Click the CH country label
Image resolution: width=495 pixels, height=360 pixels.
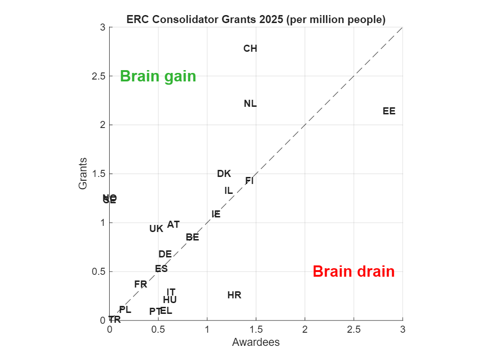[x=250, y=48]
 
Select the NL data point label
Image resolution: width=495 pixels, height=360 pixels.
[x=250, y=104]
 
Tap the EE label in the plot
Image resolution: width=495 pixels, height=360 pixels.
[x=389, y=112]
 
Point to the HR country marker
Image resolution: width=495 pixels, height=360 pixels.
[x=234, y=296]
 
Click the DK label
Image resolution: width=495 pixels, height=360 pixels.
[x=224, y=174]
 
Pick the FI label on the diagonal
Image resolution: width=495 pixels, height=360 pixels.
[x=249, y=181]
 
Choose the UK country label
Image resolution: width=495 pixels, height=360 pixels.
[x=156, y=229]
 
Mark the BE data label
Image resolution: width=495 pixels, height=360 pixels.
[x=192, y=237]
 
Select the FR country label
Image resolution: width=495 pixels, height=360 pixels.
[x=141, y=284]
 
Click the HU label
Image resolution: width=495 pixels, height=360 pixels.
[x=170, y=300]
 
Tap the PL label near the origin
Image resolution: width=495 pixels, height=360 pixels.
[x=125, y=310]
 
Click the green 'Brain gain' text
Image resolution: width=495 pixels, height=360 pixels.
[x=158, y=76]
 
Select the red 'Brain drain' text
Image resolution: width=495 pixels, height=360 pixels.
[x=353, y=272]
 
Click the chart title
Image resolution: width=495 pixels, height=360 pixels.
[x=256, y=20]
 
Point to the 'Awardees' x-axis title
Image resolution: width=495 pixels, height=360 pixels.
[x=256, y=342]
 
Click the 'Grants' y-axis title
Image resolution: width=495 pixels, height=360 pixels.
[x=83, y=174]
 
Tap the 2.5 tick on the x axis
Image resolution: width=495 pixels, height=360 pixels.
[x=354, y=330]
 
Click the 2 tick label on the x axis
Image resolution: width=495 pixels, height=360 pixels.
[x=305, y=330]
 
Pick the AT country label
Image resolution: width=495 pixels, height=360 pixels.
[x=174, y=224]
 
